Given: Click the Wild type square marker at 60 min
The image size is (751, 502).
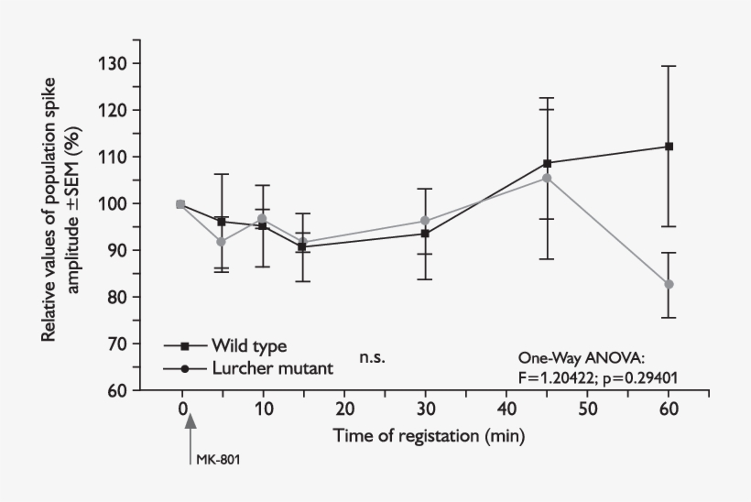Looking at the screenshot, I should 669,147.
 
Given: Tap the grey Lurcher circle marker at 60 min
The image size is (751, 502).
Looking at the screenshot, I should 669,284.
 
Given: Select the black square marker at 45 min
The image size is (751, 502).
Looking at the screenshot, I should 548,163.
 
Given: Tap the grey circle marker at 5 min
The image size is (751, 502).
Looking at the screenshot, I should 221,241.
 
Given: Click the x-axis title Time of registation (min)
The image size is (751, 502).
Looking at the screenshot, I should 429,436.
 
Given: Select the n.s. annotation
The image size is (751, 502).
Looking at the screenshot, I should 372,357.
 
